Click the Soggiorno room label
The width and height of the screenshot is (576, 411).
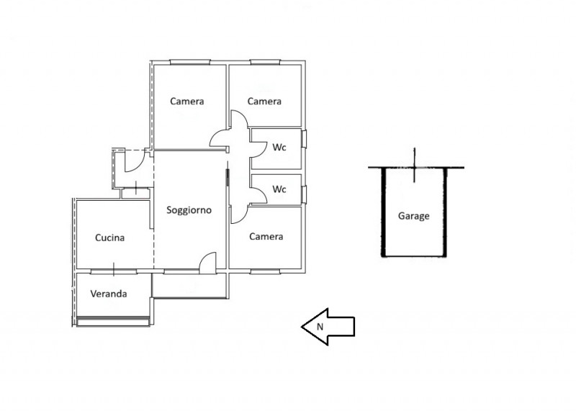pos(189,210)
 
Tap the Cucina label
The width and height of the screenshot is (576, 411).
pos(109,238)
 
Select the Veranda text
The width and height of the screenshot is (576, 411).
pos(109,294)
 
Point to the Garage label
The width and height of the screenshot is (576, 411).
pos(413,216)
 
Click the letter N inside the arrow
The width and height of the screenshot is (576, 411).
pos(320,327)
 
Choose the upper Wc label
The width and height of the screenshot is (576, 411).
pos(279,148)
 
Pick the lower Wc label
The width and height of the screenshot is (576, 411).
pos(279,189)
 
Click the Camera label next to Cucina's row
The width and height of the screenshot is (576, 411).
pos(266,237)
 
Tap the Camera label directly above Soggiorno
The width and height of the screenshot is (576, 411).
pos(187,101)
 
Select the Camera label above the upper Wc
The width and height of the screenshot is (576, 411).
pos(264,101)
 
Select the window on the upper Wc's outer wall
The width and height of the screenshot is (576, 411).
pos(304,139)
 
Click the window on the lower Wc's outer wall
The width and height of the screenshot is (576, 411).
pos(304,194)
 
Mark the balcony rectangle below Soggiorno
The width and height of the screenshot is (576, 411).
pos(190,285)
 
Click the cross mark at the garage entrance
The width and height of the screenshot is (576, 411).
pos(415,167)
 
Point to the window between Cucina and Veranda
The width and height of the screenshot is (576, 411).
pos(114,271)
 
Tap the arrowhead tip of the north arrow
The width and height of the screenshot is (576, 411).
pos(302,327)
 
